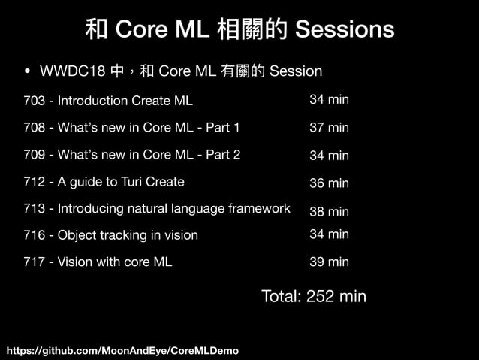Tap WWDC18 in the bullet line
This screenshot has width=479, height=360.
(72, 71)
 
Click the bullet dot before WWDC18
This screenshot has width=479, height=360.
(28, 72)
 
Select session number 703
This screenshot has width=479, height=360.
(34, 101)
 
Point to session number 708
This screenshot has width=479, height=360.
(34, 128)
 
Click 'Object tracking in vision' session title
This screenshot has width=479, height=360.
(128, 235)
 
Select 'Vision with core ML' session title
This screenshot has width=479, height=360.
(115, 262)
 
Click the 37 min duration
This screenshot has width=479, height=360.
(329, 128)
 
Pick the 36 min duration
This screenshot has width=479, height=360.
(329, 183)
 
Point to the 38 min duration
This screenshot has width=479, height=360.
(329, 212)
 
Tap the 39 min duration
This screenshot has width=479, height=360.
(329, 262)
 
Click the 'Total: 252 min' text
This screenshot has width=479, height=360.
(313, 296)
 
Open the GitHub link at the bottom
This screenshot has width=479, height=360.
(122, 351)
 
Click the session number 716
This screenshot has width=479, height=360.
(34, 235)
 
